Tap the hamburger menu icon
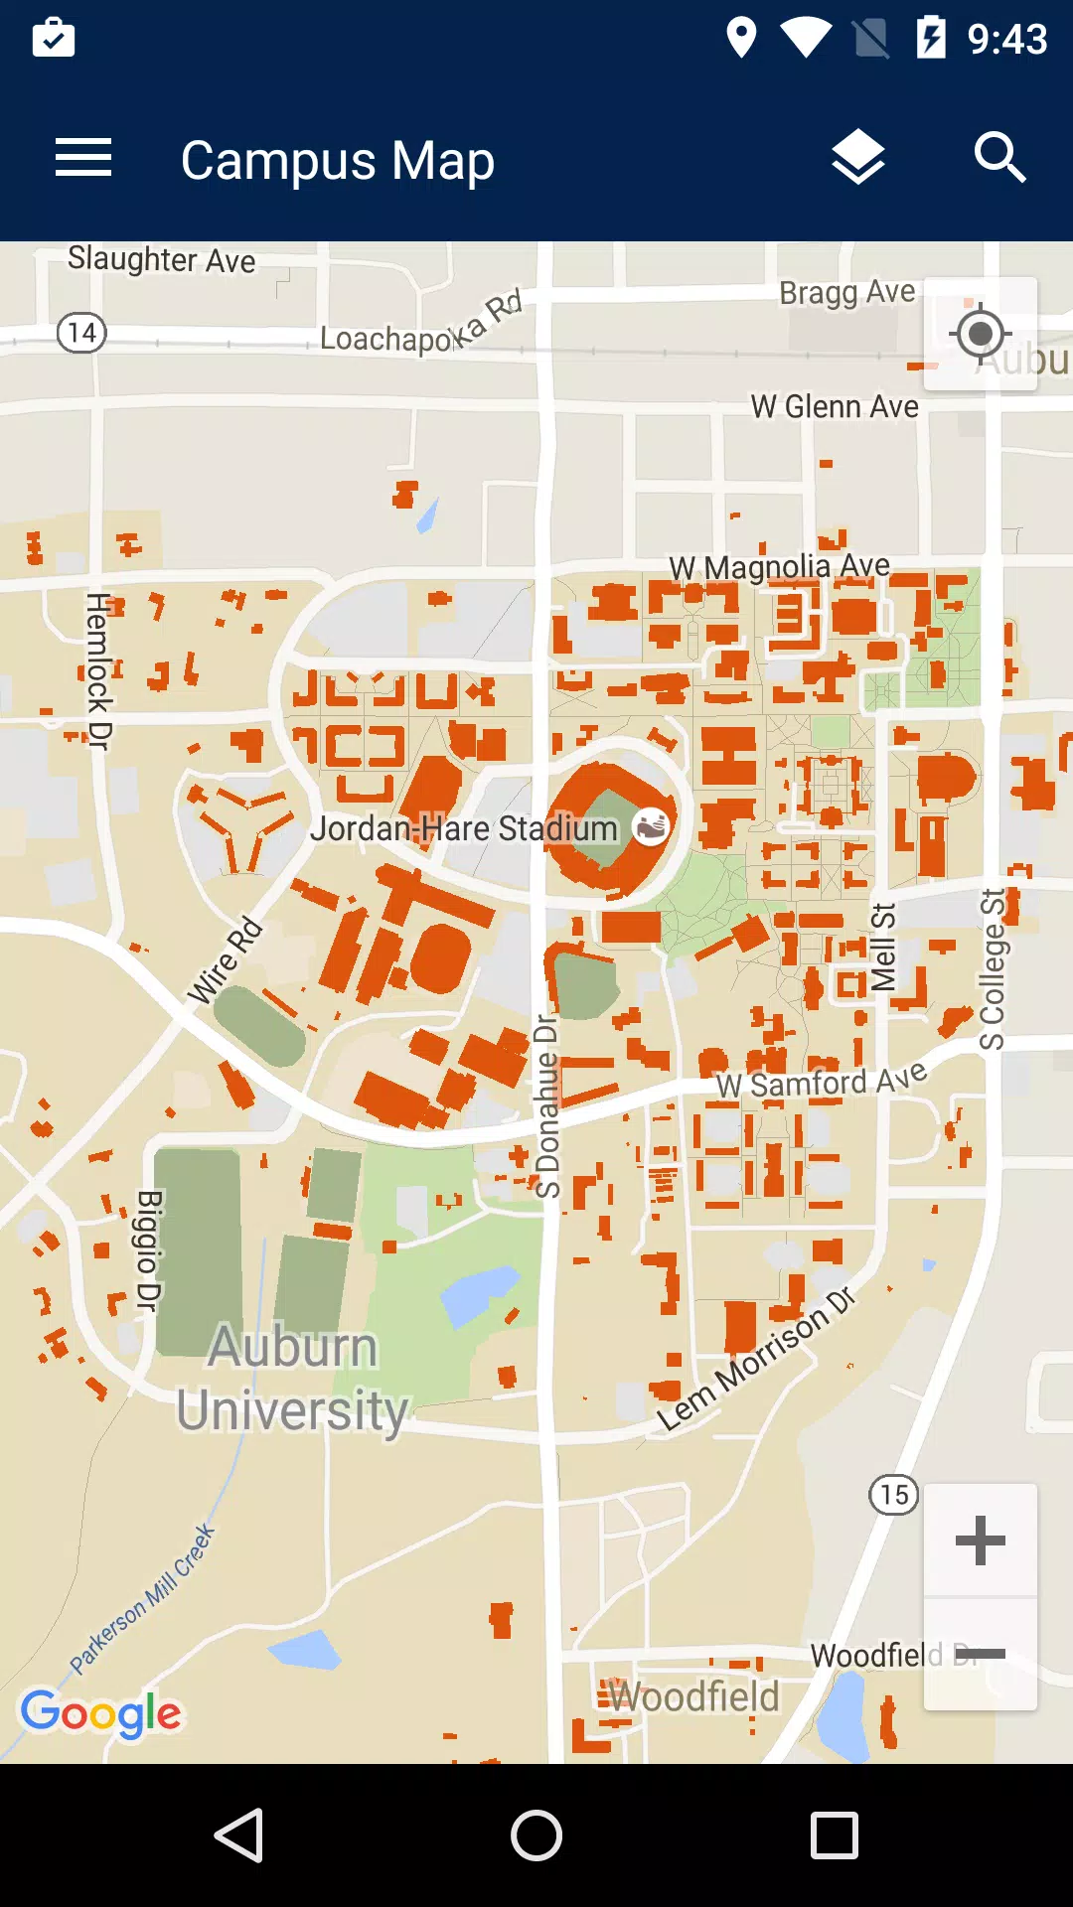pyautogui.click(x=83, y=159)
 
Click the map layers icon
pyautogui.click(x=857, y=159)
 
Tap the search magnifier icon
pyautogui.click(x=998, y=159)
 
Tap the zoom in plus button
pyautogui.click(x=980, y=1540)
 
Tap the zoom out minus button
pyautogui.click(x=980, y=1654)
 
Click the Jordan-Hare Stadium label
pyautogui.click(x=463, y=828)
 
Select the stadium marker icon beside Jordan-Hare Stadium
pyautogui.click(x=652, y=825)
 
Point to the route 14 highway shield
pyautogui.click(x=81, y=332)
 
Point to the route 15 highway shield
pyautogui.click(x=893, y=1495)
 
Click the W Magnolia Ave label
pyautogui.click(x=779, y=567)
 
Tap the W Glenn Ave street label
pyautogui.click(x=834, y=406)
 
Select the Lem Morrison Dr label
pyautogui.click(x=755, y=1359)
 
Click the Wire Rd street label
pyautogui.click(x=226, y=960)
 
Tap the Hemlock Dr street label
pyautogui.click(x=98, y=670)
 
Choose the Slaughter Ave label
pyautogui.click(x=161, y=260)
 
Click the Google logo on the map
pyautogui.click(x=100, y=1713)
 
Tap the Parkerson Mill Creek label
pyautogui.click(x=142, y=1599)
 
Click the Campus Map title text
pyautogui.click(x=337, y=161)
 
